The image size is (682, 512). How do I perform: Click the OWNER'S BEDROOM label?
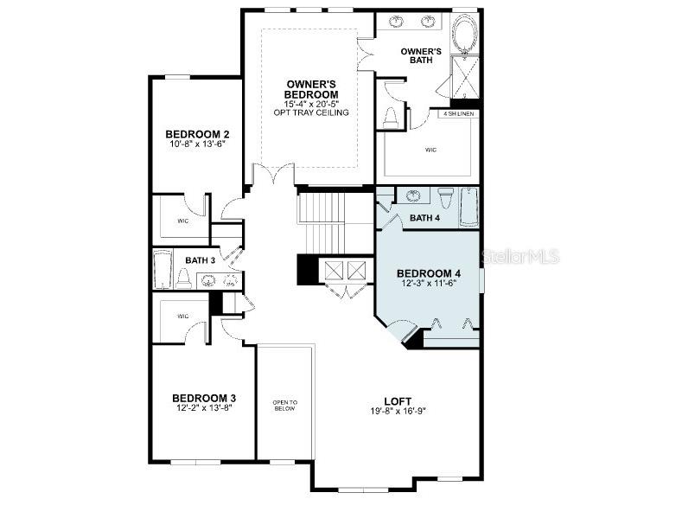click(312, 89)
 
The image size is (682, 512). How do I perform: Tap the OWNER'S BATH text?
click(421, 56)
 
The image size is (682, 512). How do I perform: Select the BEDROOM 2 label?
click(197, 134)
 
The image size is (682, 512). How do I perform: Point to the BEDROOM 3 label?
click(203, 398)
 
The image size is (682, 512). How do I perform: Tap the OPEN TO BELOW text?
click(284, 405)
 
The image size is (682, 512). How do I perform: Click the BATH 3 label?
click(201, 259)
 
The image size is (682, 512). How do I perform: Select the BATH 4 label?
click(426, 218)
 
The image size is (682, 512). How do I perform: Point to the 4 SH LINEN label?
click(458, 113)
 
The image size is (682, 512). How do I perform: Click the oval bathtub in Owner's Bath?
click(463, 41)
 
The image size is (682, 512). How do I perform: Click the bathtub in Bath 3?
click(163, 270)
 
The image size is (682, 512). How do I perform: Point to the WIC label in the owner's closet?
click(431, 150)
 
